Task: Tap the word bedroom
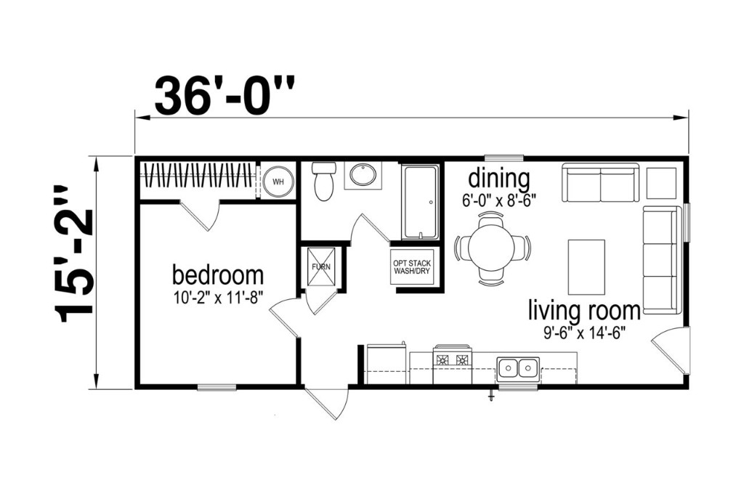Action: tap(218, 275)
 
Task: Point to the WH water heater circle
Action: tap(278, 182)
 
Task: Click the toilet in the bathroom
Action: tap(325, 182)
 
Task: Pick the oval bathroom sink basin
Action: tap(363, 175)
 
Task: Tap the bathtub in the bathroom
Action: tap(420, 202)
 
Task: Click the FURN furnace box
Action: tap(321, 267)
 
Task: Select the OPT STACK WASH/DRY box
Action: tap(413, 267)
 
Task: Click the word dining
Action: tap(499, 180)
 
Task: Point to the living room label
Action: tap(585, 312)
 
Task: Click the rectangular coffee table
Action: tap(586, 267)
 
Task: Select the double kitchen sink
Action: tap(517, 367)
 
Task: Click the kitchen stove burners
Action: tap(452, 360)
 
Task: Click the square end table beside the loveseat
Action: tap(661, 183)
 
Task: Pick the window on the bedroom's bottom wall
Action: tap(217, 387)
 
